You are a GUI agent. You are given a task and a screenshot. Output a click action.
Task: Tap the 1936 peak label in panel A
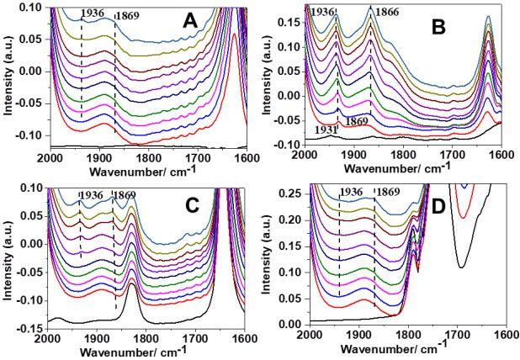pos(92,14)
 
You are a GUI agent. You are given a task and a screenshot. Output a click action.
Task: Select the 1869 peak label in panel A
pos(127,15)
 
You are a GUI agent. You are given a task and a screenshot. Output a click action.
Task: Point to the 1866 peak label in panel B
pos(388,12)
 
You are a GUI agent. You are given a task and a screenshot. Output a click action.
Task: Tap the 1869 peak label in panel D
pos(389,193)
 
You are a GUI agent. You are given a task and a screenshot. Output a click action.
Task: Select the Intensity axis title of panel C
pos(8,257)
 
